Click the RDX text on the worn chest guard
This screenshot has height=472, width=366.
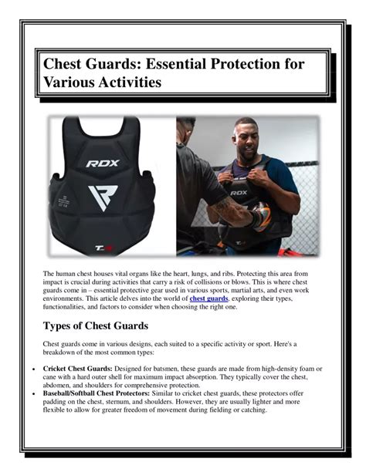(x=239, y=193)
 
